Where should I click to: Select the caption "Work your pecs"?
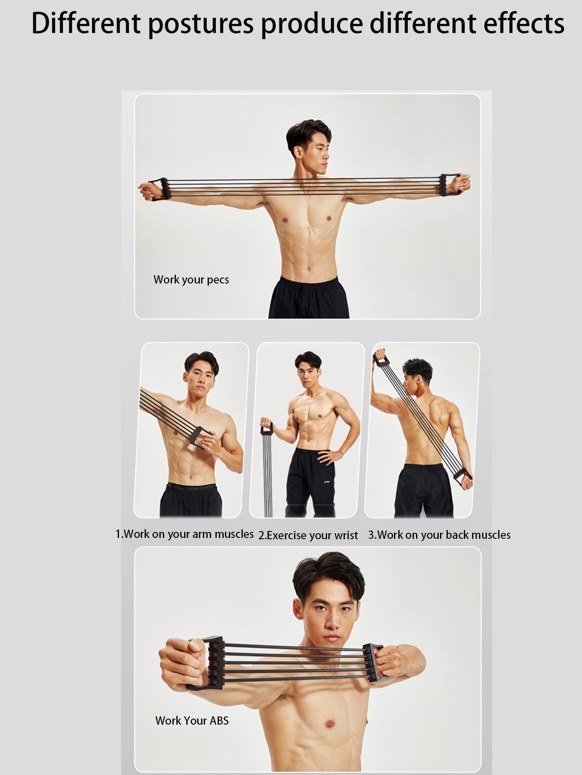191,280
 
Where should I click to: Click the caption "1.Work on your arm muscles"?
185,534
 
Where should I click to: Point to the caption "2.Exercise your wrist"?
308,535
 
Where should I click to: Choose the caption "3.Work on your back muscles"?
440,535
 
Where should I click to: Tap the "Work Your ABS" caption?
192,721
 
